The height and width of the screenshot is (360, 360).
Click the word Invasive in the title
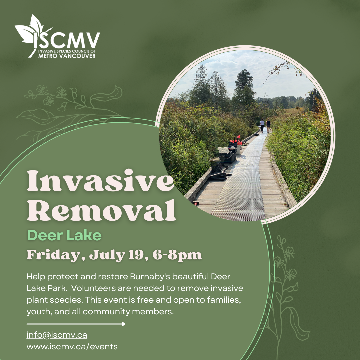(x=101, y=181)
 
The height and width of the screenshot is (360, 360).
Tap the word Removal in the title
(x=101, y=210)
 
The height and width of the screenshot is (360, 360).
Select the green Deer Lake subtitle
(x=64, y=235)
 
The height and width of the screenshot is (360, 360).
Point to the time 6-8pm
(x=177, y=255)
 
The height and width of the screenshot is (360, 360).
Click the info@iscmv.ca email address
(x=57, y=335)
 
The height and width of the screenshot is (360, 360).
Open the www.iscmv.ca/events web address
(x=72, y=346)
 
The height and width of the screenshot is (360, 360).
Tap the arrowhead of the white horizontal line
(x=124, y=324)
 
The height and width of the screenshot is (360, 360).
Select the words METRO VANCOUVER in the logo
(x=67, y=56)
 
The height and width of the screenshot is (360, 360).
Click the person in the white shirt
(x=262, y=125)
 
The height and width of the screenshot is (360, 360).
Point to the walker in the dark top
(x=268, y=126)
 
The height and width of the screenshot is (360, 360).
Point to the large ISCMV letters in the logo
(x=67, y=41)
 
